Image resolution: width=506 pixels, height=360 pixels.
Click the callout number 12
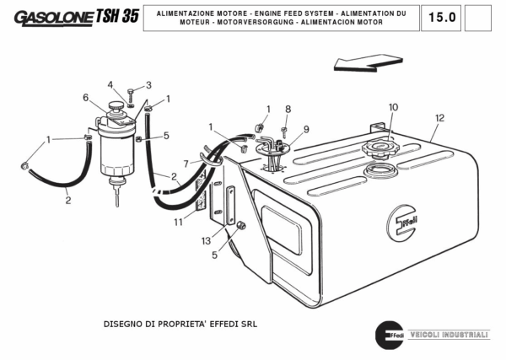pyautogui.click(x=439, y=118)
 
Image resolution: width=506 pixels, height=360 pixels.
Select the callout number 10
pyautogui.click(x=393, y=107)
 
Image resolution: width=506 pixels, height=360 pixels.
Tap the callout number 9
pyautogui.click(x=306, y=129)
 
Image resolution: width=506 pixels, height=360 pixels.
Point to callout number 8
pyautogui.click(x=288, y=109)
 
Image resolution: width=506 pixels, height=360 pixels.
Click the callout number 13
pyautogui.click(x=207, y=240)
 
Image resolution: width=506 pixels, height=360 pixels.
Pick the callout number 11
pyautogui.click(x=178, y=223)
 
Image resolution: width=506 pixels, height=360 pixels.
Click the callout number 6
pyautogui.click(x=85, y=98)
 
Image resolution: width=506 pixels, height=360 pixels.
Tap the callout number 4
pyautogui.click(x=110, y=84)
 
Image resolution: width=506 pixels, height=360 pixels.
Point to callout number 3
pyautogui.click(x=148, y=85)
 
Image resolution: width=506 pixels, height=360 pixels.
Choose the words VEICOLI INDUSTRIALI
pyautogui.click(x=448, y=335)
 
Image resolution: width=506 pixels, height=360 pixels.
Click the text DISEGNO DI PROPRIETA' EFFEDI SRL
pyautogui.click(x=179, y=323)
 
